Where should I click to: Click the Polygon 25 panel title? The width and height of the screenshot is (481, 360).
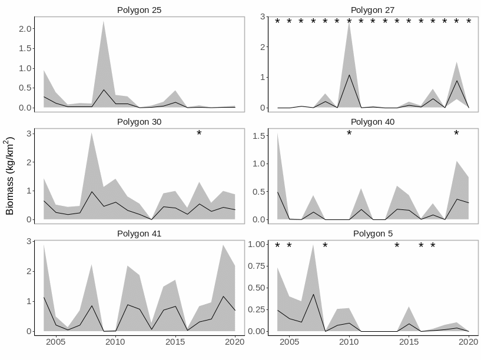[139, 10]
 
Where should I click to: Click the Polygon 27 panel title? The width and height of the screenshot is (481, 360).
[373, 10]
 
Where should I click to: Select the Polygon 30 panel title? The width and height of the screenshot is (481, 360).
[139, 122]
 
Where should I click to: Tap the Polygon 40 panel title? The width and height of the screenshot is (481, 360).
[373, 122]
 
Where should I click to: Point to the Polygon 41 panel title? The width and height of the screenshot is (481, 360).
[139, 234]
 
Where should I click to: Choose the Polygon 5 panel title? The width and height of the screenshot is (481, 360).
[373, 234]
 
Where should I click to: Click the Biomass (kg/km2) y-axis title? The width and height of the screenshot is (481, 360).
[10, 176]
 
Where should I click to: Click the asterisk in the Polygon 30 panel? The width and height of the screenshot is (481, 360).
[199, 134]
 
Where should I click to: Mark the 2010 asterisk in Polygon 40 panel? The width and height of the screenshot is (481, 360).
[349, 134]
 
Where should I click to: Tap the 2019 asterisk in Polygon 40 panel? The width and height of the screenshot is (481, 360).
[456, 134]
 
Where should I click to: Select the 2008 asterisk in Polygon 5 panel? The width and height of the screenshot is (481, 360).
[325, 246]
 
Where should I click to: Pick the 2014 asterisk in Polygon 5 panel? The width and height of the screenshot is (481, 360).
[397, 246]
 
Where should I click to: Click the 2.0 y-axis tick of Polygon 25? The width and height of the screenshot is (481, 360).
[24, 29]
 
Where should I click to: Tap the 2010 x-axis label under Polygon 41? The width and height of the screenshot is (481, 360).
[115, 342]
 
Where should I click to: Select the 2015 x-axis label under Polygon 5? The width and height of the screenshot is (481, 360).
[409, 342]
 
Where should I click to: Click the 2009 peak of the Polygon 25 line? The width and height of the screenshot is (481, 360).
[104, 90]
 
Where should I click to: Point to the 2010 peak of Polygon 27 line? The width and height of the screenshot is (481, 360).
[349, 75]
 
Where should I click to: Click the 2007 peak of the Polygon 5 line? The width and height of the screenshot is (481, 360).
[313, 294]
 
